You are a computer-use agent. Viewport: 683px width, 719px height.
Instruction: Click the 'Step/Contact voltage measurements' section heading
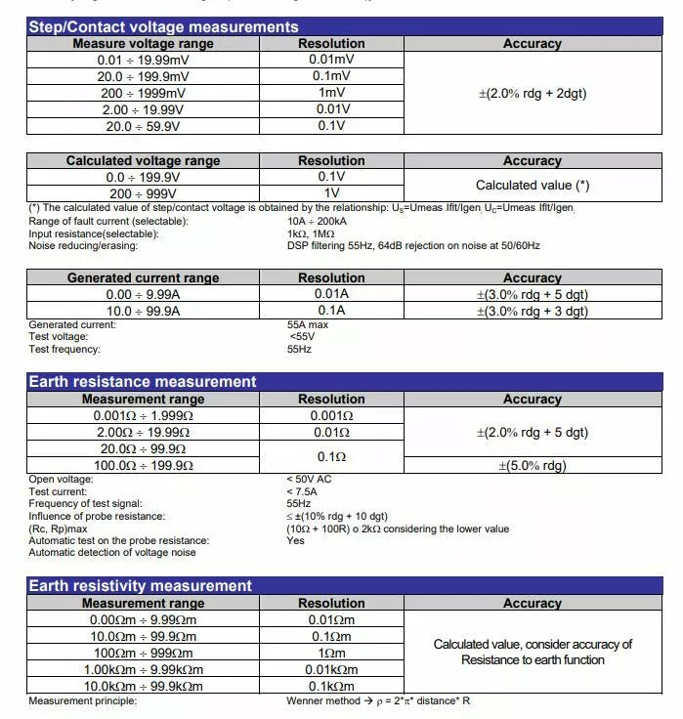(163, 27)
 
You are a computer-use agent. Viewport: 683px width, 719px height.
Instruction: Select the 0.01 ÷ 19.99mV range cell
(143, 61)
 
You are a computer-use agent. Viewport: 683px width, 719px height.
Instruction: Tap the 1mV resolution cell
(331, 93)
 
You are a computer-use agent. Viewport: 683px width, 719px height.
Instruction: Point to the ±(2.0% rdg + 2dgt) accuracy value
(533, 94)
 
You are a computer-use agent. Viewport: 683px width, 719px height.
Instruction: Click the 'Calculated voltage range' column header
(143, 161)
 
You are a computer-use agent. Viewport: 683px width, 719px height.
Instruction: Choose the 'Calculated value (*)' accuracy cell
(533, 185)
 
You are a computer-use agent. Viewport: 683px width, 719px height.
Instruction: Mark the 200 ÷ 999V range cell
(143, 193)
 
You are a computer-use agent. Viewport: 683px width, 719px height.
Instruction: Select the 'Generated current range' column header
(143, 278)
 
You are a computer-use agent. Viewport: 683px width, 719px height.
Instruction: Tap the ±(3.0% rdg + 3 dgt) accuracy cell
(533, 312)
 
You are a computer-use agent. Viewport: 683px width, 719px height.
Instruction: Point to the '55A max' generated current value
(307, 325)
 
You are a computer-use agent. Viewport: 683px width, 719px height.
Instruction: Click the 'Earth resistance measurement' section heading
(143, 382)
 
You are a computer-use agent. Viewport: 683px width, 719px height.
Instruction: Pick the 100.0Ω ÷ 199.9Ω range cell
(143, 466)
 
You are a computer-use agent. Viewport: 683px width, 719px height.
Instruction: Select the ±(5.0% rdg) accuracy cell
(533, 466)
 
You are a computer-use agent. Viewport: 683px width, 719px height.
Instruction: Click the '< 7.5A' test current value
(302, 491)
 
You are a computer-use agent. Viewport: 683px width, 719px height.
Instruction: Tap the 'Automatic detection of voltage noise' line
(112, 553)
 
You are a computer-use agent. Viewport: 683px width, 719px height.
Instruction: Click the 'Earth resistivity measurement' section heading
(141, 586)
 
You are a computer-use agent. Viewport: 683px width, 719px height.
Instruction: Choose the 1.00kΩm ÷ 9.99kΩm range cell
(143, 669)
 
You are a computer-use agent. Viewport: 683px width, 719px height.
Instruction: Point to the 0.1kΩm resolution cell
(331, 686)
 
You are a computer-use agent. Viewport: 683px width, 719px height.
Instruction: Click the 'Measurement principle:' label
(83, 701)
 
